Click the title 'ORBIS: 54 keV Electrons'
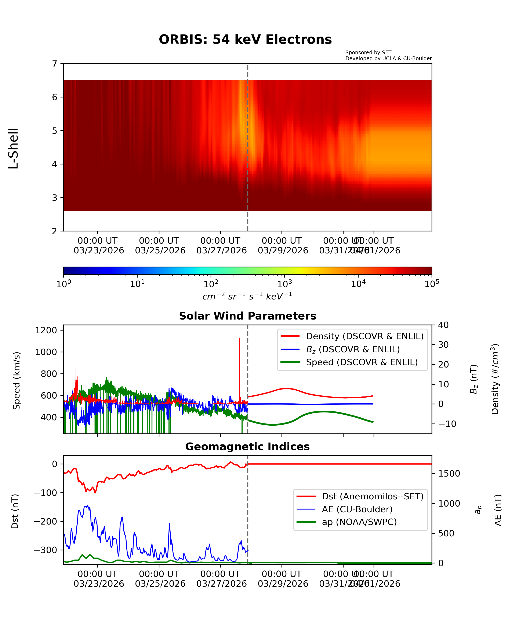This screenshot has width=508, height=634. (x=245, y=39)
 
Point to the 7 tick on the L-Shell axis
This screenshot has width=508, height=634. (x=55, y=64)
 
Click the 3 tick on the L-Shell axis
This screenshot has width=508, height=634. (x=55, y=198)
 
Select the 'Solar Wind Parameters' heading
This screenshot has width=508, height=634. (x=247, y=316)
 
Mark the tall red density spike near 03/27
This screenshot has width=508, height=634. (x=240, y=353)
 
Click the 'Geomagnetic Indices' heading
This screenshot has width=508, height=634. (x=247, y=446)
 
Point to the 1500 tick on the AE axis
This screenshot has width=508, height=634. (x=449, y=473)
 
